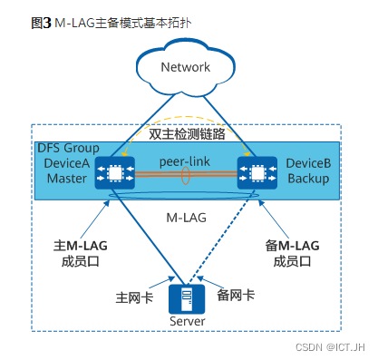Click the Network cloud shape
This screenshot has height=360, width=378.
pos(185,67)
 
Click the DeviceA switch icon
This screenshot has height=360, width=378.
pos(116,171)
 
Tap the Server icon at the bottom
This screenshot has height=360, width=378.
pos(187,297)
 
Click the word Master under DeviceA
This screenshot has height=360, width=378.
pos(66,178)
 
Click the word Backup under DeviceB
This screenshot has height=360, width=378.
pos(307,178)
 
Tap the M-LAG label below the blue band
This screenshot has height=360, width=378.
pos(186,218)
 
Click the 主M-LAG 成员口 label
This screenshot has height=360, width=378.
pos(79,252)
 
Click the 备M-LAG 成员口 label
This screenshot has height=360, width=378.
pos(292,252)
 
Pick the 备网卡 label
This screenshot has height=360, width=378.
pos(237,295)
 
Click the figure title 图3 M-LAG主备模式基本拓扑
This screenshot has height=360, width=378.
pos(102,20)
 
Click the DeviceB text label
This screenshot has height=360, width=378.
pos(308,162)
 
